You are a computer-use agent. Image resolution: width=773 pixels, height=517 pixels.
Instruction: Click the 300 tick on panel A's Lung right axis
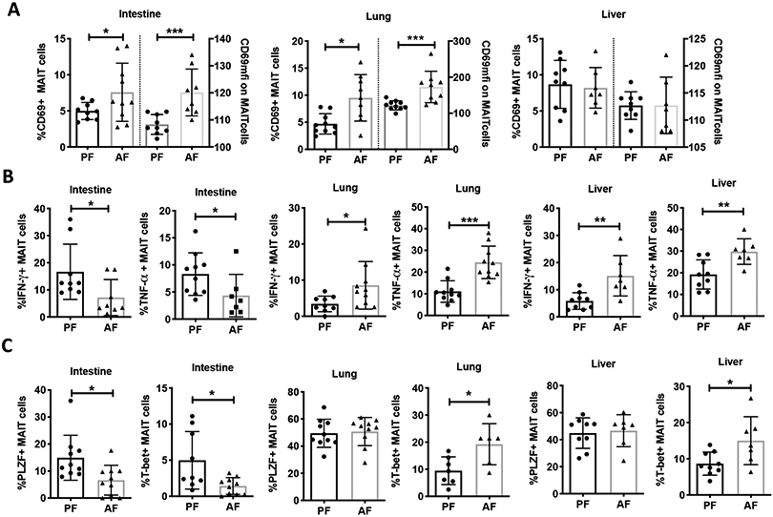tap(461, 42)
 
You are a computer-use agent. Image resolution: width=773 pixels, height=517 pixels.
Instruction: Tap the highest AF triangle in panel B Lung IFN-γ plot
tap(364, 228)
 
